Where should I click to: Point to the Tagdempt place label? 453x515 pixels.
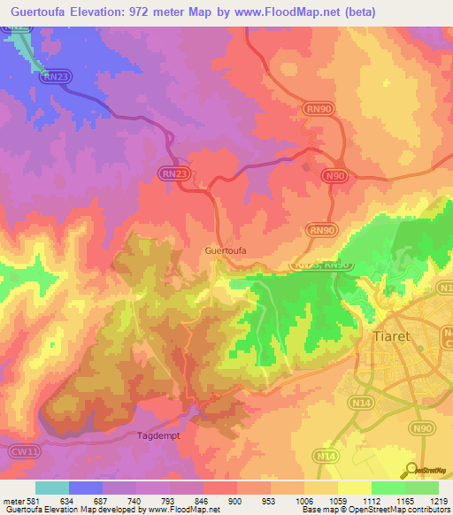pyautogui.click(x=158, y=435)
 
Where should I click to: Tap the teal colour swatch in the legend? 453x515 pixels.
pyautogui.click(x=51, y=488)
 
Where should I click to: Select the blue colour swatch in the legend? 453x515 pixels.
pyautogui.click(x=85, y=488)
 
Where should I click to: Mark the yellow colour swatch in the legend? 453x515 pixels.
pyautogui.click(x=354, y=488)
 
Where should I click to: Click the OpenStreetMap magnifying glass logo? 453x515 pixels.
pyautogui.click(x=409, y=470)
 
